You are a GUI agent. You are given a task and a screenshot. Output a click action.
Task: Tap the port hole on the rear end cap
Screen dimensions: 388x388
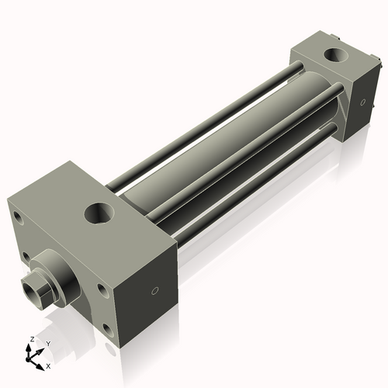tap(335, 55)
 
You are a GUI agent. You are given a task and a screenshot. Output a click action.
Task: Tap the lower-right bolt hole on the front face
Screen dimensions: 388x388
tap(104, 326)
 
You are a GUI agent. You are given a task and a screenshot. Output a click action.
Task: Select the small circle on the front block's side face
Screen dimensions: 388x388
tap(154, 291)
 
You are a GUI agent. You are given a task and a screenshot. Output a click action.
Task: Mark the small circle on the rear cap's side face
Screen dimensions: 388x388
tap(361, 101)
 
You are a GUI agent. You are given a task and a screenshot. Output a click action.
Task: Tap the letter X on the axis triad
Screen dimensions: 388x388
tap(48, 365)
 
